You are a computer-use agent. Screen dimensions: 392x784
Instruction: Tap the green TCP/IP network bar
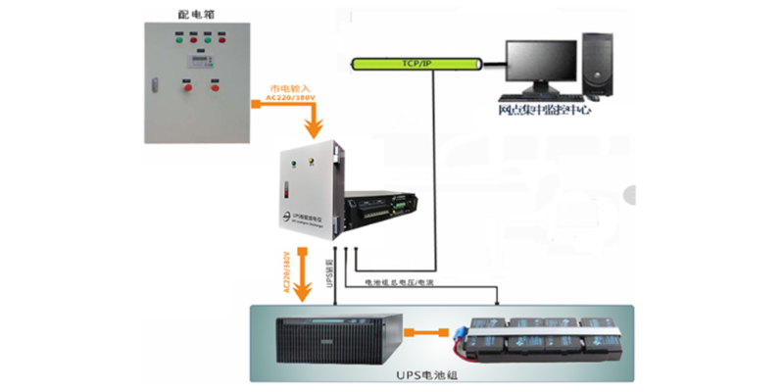(x=416, y=63)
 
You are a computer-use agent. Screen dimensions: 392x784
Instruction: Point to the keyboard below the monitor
(x=539, y=101)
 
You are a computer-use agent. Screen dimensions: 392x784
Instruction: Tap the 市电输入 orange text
(x=287, y=88)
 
